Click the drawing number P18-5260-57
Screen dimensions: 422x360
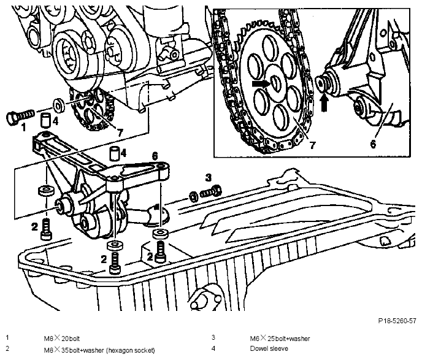pyautogui.click(x=397, y=321)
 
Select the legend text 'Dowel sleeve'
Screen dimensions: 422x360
pyautogui.click(x=269, y=348)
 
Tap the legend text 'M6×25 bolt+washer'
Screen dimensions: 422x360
pyautogui.click(x=280, y=338)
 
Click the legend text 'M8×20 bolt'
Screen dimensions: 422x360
pyautogui.click(x=62, y=338)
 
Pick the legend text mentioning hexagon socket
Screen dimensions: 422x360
pyautogui.click(x=99, y=350)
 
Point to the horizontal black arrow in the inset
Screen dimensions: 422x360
pyautogui.click(x=261, y=84)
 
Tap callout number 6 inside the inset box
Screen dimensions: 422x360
pyautogui.click(x=373, y=144)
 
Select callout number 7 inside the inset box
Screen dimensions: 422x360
pyautogui.click(x=312, y=145)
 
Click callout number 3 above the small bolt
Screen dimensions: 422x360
pyautogui.click(x=209, y=178)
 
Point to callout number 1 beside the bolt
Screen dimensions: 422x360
pyautogui.click(x=24, y=127)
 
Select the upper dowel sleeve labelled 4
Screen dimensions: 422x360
pyautogui.click(x=46, y=120)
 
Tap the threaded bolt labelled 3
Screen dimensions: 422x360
pyautogui.click(x=212, y=191)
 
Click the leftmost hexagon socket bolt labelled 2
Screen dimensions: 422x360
pyautogui.click(x=46, y=229)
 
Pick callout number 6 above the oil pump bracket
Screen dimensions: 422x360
pyautogui.click(x=155, y=156)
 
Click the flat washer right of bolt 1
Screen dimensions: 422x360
pyautogui.click(x=59, y=105)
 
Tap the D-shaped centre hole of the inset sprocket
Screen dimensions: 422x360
pyautogui.click(x=275, y=84)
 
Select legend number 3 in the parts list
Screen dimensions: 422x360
pyautogui.click(x=213, y=337)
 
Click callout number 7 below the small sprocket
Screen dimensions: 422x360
pyautogui.click(x=120, y=132)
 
